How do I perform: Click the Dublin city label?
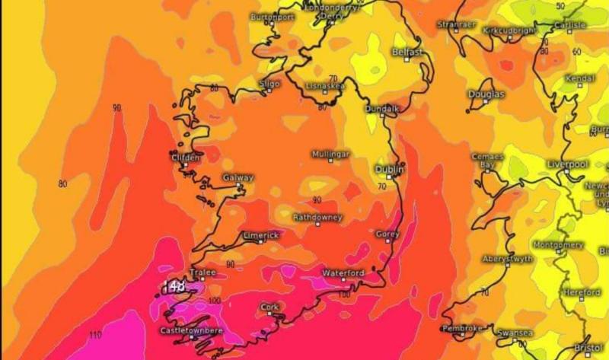(387, 169)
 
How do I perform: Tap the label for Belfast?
(407, 52)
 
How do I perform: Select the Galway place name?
(238, 177)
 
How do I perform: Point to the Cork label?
(269, 307)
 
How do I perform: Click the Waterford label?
(343, 272)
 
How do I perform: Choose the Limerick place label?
(261, 235)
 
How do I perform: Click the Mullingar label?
(330, 154)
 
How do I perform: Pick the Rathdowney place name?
(317, 217)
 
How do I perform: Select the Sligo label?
(269, 83)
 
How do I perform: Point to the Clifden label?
(186, 158)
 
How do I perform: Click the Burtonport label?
(273, 16)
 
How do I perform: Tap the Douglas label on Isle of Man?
(485, 94)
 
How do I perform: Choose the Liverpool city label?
(567, 164)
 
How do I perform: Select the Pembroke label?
(462, 328)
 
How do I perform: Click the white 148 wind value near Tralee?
(176, 286)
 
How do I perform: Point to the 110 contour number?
(95, 336)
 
